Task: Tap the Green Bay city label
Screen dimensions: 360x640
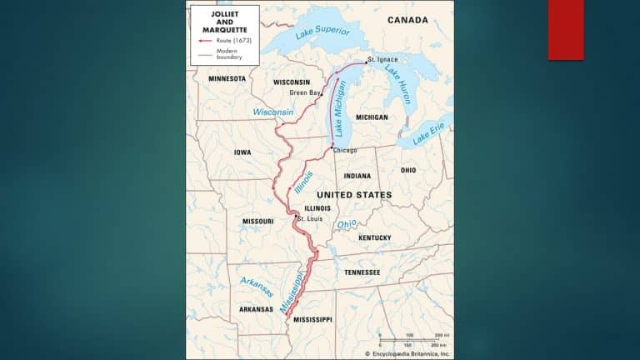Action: [304, 92]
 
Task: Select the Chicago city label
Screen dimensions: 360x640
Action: [344, 150]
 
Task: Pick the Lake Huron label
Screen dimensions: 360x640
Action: [397, 84]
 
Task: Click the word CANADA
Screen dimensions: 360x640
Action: [407, 19]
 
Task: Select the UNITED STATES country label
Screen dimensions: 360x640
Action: [354, 194]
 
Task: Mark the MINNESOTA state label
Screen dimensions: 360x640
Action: [227, 78]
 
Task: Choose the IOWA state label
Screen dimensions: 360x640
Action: [242, 152]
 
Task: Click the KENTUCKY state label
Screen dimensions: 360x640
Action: [374, 237]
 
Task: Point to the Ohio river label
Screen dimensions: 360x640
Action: [346, 224]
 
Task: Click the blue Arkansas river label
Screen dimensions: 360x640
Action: [256, 287]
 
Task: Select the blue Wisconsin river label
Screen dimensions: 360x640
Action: [273, 112]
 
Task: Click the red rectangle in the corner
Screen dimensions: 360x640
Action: [565, 30]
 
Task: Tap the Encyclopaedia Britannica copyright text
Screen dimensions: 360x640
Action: [408, 353]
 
